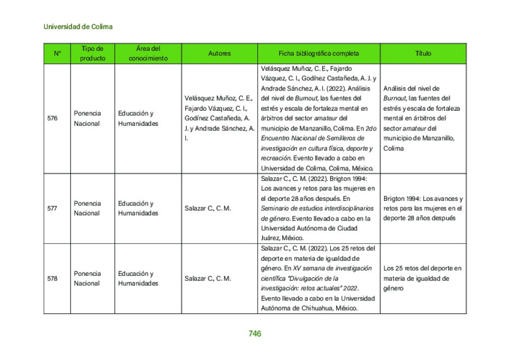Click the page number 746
pyautogui.click(x=254, y=333)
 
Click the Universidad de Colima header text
pyautogui.click(x=78, y=26)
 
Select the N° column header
pyautogui.click(x=57, y=53)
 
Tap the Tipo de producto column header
pyautogui.click(x=93, y=53)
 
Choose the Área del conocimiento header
pyautogui.click(x=148, y=53)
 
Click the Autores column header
pyautogui.click(x=219, y=53)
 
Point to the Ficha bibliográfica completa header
pyautogui.click(x=318, y=53)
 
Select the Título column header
pyautogui.click(x=423, y=53)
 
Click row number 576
pyautogui.click(x=52, y=118)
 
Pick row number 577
pyautogui.click(x=52, y=208)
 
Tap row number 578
pyautogui.click(x=52, y=278)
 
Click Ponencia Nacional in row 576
pyautogui.click(x=87, y=118)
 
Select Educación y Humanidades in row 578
pyautogui.click(x=138, y=278)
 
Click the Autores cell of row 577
pyautogui.click(x=208, y=208)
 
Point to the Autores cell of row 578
pyautogui.click(x=208, y=278)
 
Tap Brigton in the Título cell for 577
pyautogui.click(x=394, y=198)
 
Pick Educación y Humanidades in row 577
pyautogui.click(x=138, y=208)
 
